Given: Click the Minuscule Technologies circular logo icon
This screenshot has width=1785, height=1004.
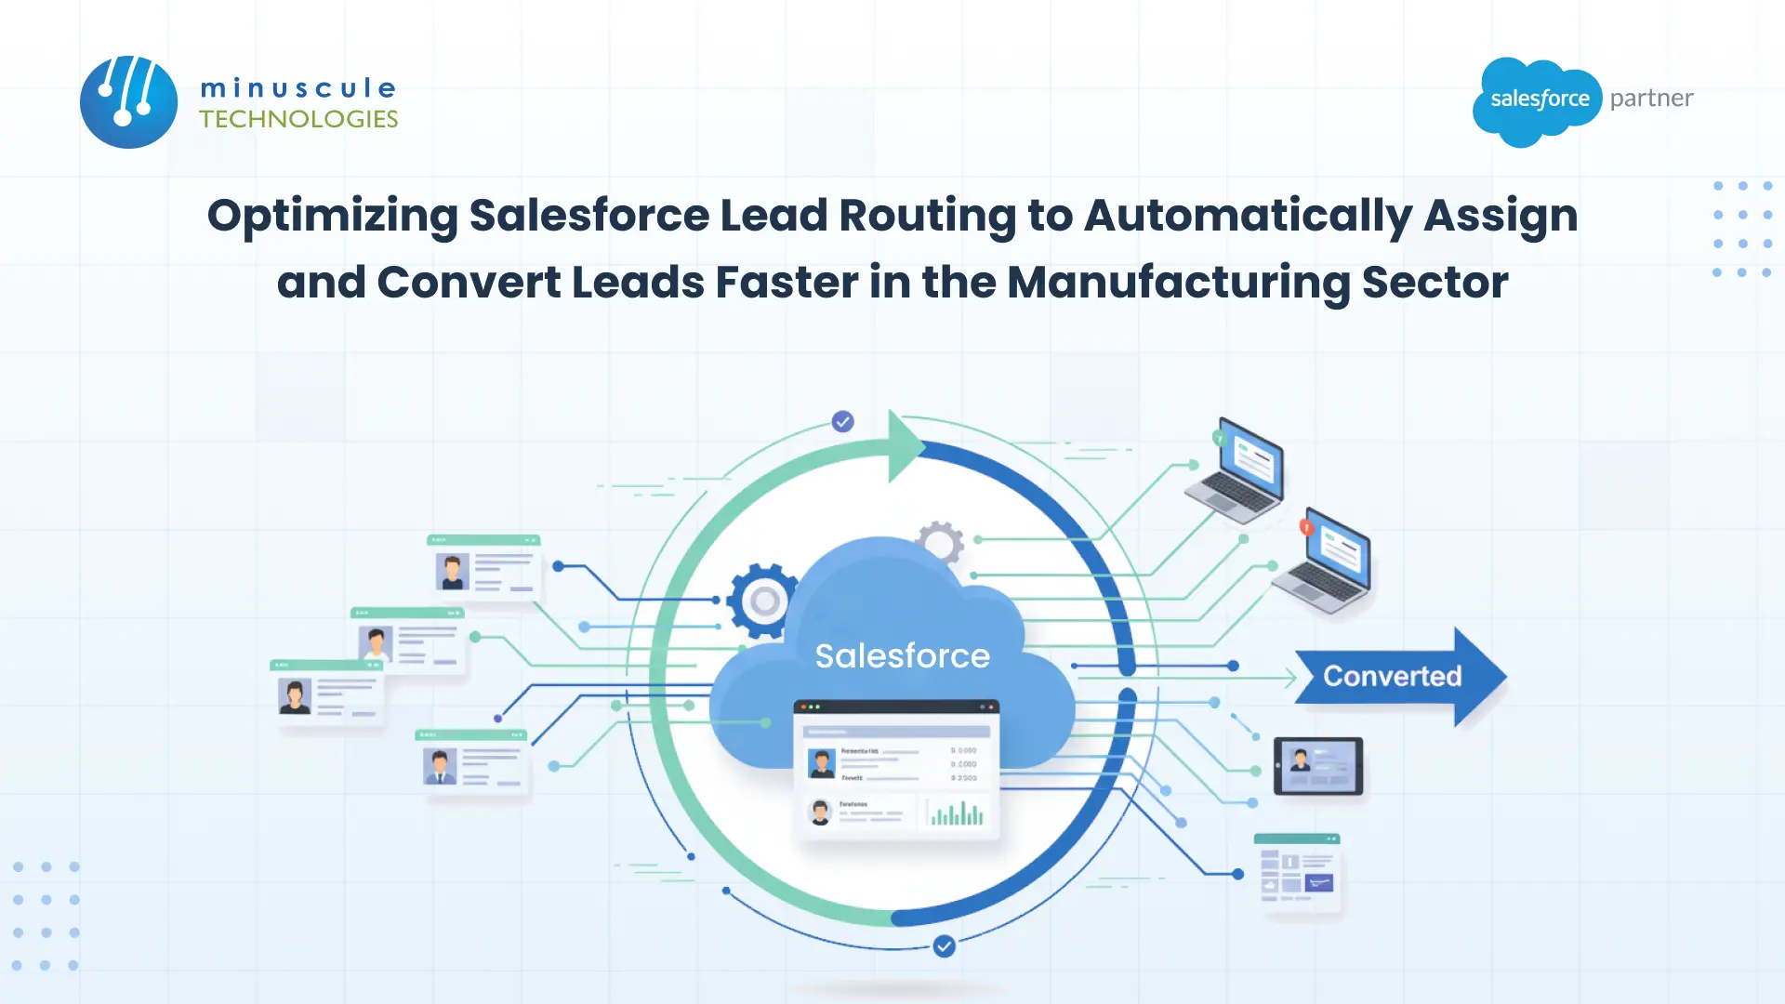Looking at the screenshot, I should click(x=128, y=101).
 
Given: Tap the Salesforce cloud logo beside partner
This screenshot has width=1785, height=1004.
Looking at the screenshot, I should click(x=1539, y=100).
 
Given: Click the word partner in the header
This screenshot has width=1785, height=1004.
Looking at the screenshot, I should click(x=1651, y=99).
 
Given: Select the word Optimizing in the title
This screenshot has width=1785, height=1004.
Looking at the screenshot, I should click(x=332, y=216).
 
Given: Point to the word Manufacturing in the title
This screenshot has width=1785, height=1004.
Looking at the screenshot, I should click(x=1178, y=283).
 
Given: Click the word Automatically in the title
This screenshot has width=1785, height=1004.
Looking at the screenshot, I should click(x=1248, y=216).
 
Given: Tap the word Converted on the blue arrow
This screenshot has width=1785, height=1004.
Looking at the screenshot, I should click(x=1392, y=676).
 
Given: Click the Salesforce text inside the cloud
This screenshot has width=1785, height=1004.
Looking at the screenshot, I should click(x=902, y=655).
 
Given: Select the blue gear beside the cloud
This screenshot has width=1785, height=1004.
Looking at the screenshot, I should click(x=763, y=601).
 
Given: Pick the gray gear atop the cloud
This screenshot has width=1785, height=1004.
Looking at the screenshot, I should click(x=939, y=542).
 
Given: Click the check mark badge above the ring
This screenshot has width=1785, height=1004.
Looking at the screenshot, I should click(x=842, y=422).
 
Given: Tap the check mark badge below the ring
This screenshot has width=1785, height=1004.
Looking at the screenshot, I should click(x=944, y=946).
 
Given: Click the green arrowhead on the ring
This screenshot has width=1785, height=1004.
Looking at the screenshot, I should click(x=905, y=446).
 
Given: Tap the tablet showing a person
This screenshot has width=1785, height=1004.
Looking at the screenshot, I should click(x=1317, y=766).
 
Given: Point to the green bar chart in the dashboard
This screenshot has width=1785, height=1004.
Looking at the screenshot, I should click(x=956, y=814).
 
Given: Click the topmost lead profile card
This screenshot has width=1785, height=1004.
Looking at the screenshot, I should click(x=483, y=566).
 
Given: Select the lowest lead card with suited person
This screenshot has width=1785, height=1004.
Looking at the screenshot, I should click(x=471, y=762).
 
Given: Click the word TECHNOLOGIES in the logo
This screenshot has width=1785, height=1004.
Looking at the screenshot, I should click(x=298, y=119).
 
